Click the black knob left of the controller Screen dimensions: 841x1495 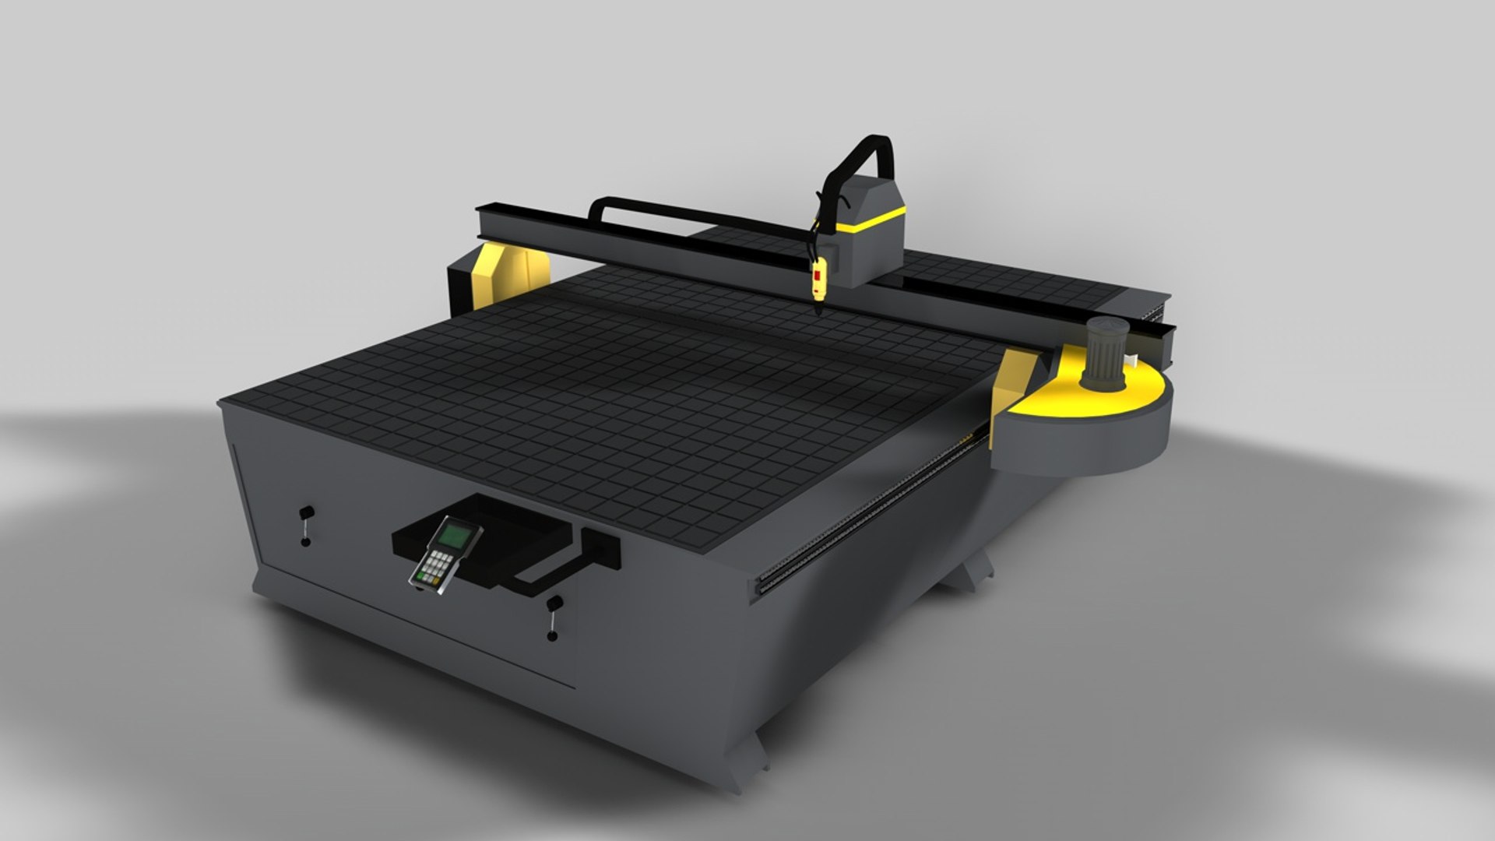click(x=307, y=513)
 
